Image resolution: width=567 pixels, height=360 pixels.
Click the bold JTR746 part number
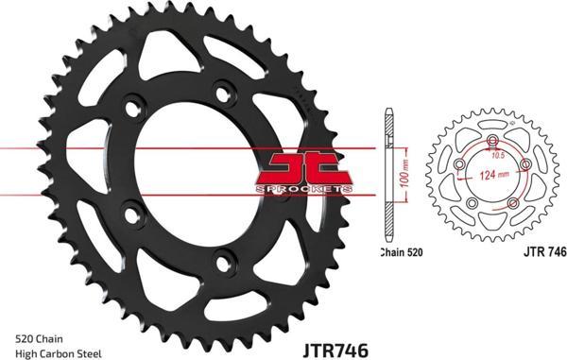(335, 350)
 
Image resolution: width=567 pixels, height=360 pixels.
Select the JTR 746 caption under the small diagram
(545, 252)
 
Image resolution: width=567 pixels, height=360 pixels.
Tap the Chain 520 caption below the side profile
(402, 252)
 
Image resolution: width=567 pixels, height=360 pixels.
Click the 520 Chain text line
(39, 339)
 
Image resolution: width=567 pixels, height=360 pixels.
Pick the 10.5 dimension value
(498, 156)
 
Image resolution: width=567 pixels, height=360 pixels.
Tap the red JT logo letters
(303, 169)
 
